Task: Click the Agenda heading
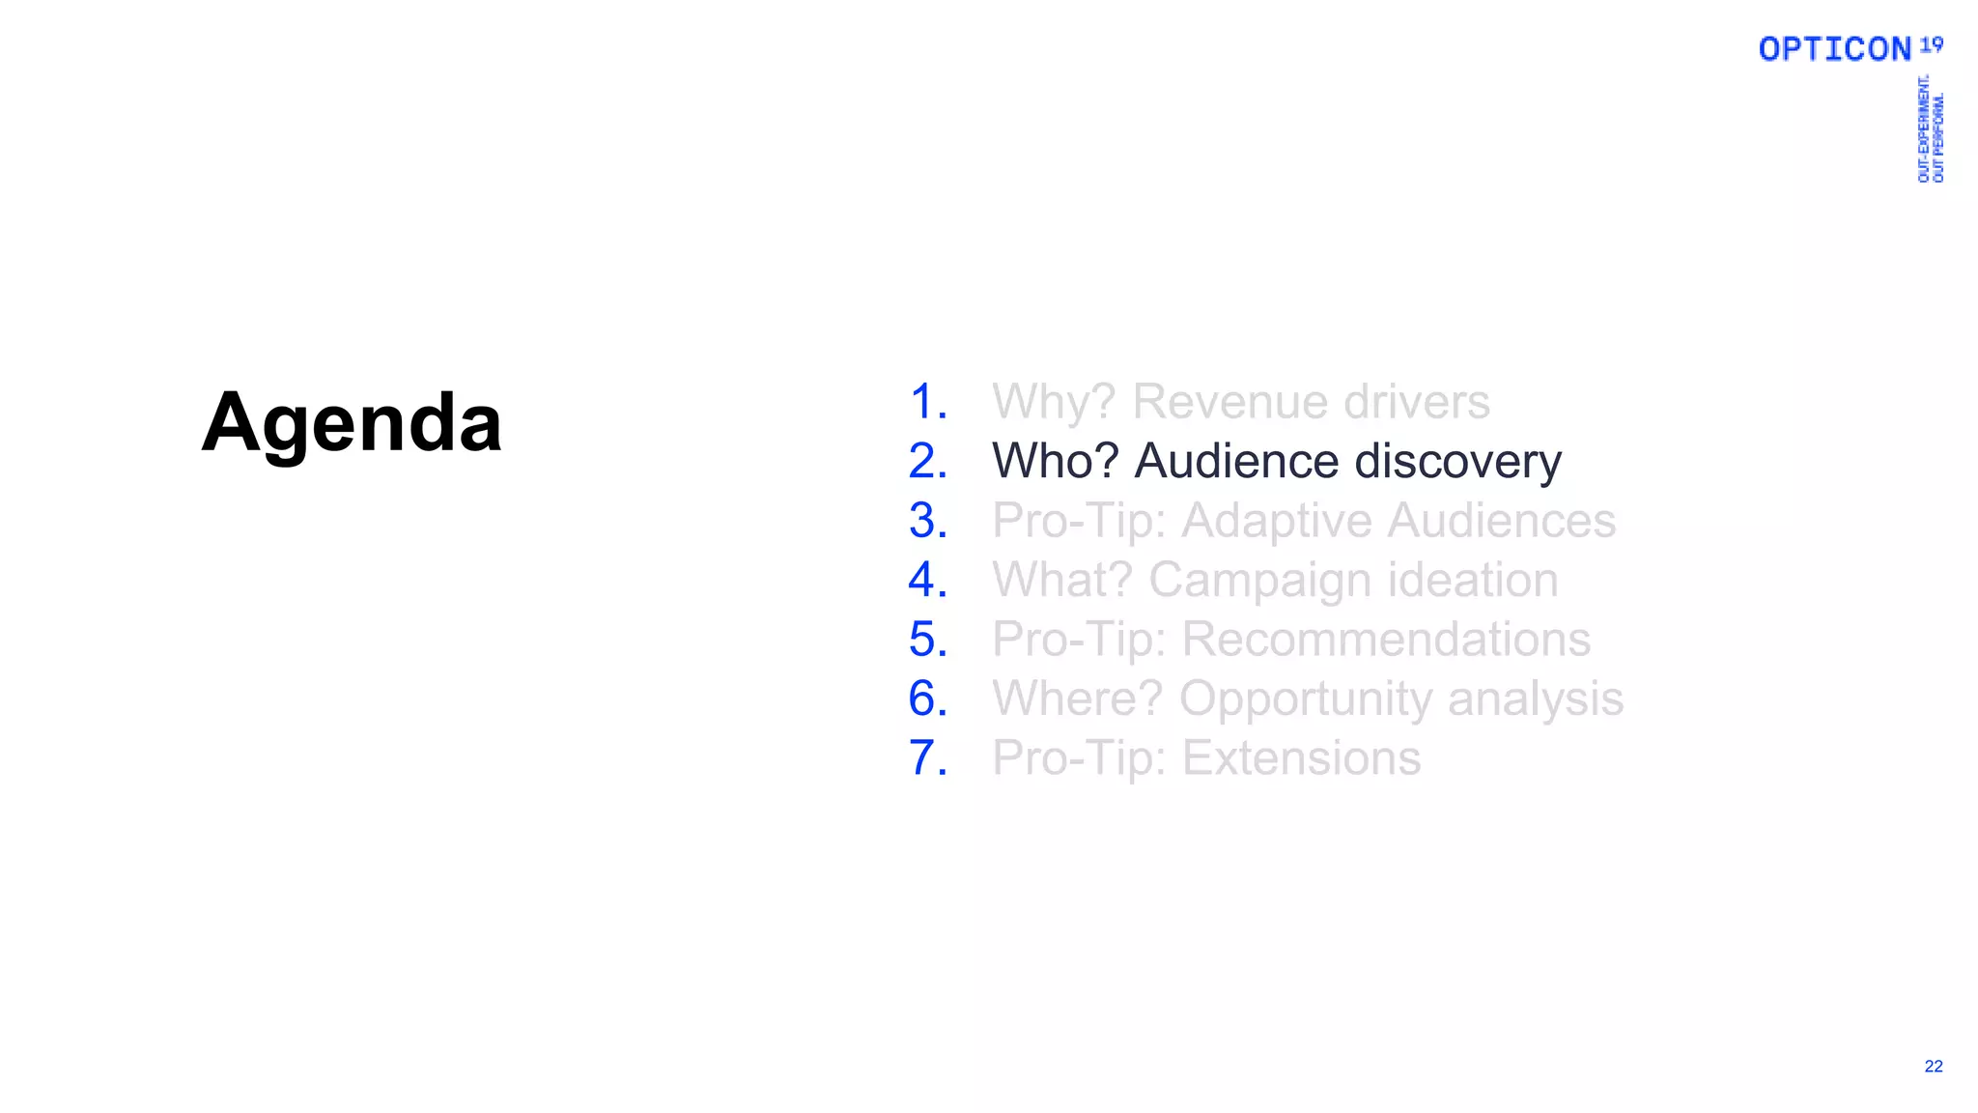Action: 352,422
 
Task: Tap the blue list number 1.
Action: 927,402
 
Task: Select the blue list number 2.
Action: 927,461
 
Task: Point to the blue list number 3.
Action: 927,521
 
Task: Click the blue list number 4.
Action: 927,580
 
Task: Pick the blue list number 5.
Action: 927,640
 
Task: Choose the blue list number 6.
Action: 927,699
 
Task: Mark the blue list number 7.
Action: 927,757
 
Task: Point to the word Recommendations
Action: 1386,640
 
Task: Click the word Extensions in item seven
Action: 1301,757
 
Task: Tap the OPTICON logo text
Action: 1834,49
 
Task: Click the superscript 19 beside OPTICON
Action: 1931,44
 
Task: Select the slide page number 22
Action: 1933,1066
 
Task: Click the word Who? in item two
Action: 1055,461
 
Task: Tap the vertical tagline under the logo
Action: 1930,128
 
